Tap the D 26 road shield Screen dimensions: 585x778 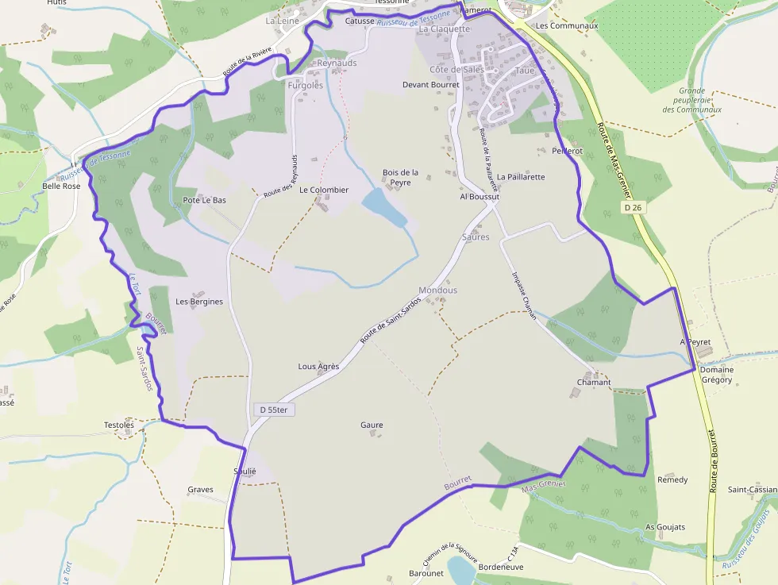pyautogui.click(x=632, y=207)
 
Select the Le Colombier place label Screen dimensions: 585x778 pyautogui.click(x=324, y=191)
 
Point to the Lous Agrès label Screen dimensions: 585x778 pyautogui.click(x=318, y=367)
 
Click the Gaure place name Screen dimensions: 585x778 pyautogui.click(x=372, y=425)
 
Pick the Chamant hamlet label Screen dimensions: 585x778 pyautogui.click(x=594, y=383)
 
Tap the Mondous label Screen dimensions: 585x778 pyautogui.click(x=438, y=291)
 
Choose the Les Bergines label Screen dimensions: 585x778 pyautogui.click(x=199, y=302)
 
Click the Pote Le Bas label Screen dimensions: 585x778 pyautogui.click(x=204, y=200)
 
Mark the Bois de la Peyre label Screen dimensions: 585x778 pyautogui.click(x=400, y=177)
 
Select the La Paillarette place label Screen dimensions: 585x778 pyautogui.click(x=521, y=177)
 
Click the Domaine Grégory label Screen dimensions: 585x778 pyautogui.click(x=717, y=375)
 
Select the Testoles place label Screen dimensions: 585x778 pyautogui.click(x=119, y=425)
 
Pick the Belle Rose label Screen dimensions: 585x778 pyautogui.click(x=61, y=187)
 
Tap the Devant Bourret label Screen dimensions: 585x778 pyautogui.click(x=431, y=84)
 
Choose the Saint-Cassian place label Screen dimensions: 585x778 pyautogui.click(x=752, y=490)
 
